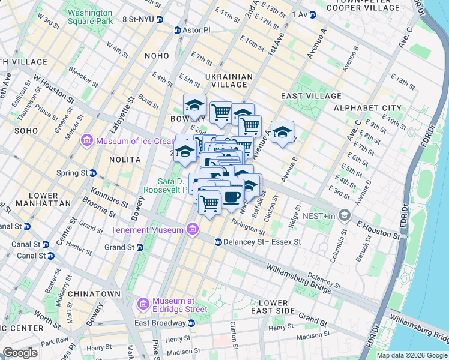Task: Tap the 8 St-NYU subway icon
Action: coord(160,20)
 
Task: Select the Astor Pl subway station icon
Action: coord(177,30)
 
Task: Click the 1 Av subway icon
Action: coord(312,14)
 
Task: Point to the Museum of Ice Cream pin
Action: coord(87,141)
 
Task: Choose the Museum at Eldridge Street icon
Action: coord(143,305)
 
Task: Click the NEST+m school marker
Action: coord(345,214)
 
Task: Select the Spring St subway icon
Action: coord(93,173)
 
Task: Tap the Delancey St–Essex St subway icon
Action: coord(218,242)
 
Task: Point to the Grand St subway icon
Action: coord(139,247)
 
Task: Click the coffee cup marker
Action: coord(231,196)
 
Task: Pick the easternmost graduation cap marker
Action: coord(282,131)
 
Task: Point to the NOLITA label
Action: coord(125,160)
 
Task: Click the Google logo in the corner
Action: coord(20,353)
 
